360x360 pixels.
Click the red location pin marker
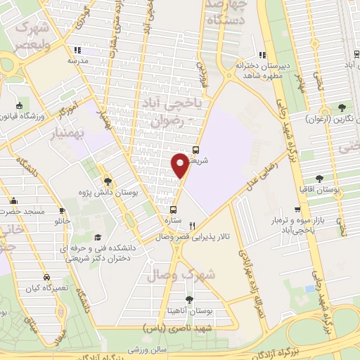click(180, 165)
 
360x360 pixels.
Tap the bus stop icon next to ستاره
click(174, 210)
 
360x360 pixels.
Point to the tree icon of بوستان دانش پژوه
click(107, 181)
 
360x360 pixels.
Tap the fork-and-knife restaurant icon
click(192, 226)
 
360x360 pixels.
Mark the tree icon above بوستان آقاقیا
click(320, 179)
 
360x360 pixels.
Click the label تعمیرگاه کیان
click(47, 289)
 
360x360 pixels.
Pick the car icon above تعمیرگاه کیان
click(46, 277)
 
